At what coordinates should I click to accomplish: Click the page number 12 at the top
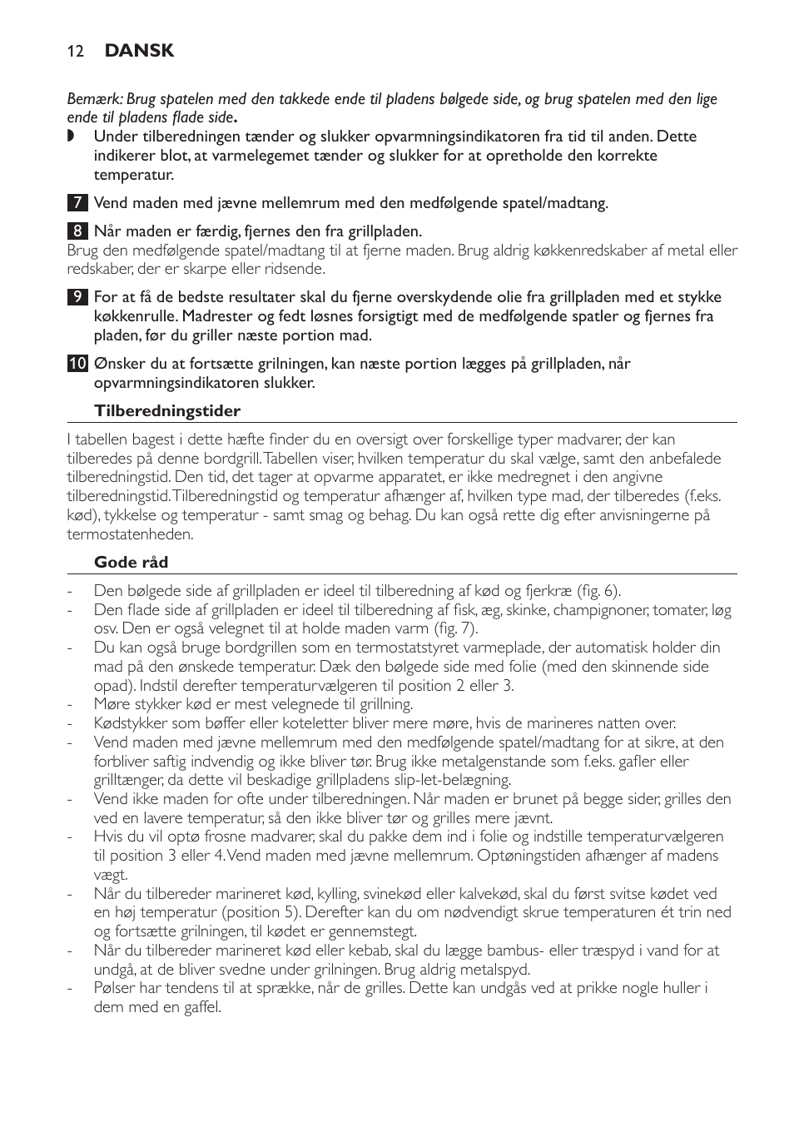tap(75, 51)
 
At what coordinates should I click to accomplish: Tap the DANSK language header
tap(139, 51)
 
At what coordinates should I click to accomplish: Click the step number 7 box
tap(77, 203)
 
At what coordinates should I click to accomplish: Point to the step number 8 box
tap(77, 231)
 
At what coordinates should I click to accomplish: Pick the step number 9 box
tap(77, 298)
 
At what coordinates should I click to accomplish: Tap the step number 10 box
tap(77, 364)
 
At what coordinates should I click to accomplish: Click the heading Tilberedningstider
tap(166, 411)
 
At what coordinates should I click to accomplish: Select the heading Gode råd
tap(131, 563)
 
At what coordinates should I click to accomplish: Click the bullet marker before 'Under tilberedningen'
tap(71, 137)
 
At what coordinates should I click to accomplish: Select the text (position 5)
tap(261, 912)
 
